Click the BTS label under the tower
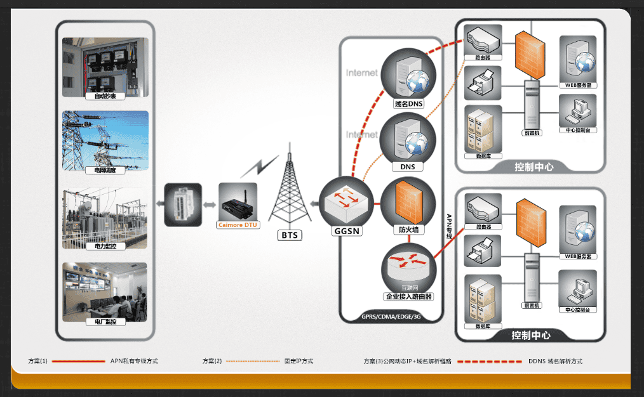point(289,235)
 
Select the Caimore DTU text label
point(238,225)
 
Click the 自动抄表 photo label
point(105,96)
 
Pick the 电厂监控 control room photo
point(105,290)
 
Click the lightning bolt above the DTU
point(259,167)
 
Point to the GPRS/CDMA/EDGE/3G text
point(391,316)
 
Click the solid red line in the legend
point(77,361)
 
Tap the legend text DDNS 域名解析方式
point(555,361)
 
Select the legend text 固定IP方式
point(299,361)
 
